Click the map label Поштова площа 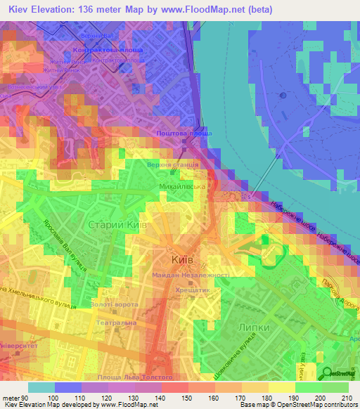184,132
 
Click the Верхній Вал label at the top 97,34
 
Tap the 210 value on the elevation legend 347,398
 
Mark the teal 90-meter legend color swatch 41,387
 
